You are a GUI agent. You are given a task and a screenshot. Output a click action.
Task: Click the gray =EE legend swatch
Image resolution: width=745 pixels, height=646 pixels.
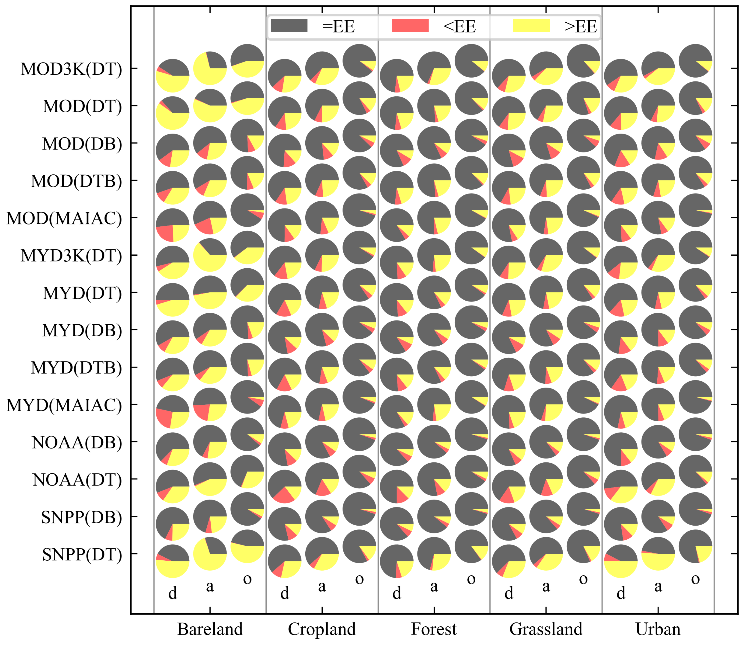(289, 26)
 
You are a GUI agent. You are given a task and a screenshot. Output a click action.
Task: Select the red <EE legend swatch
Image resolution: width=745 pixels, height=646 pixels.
(410, 26)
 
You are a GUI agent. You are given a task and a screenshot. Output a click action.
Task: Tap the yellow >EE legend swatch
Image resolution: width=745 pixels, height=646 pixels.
(531, 26)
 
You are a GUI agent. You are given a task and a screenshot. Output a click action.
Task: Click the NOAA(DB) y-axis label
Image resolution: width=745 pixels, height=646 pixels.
(77, 443)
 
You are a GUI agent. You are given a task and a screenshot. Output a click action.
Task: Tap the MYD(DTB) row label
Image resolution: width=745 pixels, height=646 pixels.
(76, 368)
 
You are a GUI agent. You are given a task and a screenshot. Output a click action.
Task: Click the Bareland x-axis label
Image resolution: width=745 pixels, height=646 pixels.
(210, 629)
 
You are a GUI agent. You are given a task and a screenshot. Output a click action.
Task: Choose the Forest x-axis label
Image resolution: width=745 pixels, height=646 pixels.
(434, 629)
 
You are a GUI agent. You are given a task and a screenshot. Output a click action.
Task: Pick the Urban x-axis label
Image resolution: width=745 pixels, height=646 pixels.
(658, 629)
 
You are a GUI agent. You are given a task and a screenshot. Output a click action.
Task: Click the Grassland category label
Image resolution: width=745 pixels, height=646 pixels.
(546, 629)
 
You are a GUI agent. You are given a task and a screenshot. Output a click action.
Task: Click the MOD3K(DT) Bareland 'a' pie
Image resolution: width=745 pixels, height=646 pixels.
(210, 68)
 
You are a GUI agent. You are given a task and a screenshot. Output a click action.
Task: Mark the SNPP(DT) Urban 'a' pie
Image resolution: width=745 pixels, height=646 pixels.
(658, 554)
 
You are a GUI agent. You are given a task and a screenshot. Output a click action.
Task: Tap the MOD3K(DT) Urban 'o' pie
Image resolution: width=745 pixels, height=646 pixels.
(695, 61)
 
